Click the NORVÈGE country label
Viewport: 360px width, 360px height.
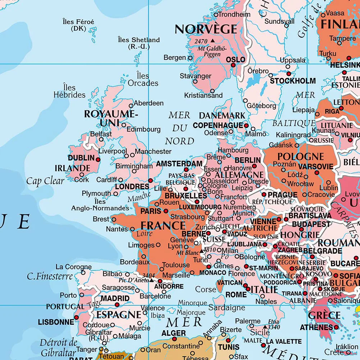206,29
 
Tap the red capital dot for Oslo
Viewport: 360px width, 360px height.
233,65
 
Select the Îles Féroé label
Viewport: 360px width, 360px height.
78,22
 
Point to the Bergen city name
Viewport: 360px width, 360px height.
175,58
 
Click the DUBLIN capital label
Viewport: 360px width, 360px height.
81,158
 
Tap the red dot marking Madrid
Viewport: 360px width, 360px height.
117,305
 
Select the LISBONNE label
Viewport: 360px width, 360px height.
56,322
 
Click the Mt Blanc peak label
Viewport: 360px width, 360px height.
185,252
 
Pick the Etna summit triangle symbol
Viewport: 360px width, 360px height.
265,327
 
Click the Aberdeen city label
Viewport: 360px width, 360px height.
149,103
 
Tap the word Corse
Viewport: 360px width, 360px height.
206,289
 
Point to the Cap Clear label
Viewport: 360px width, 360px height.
45,181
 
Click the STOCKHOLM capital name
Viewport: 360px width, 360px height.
293,81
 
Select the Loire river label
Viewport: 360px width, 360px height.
145,234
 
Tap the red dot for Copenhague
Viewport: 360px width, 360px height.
246,126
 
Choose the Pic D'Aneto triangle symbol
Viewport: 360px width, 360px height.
151,280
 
